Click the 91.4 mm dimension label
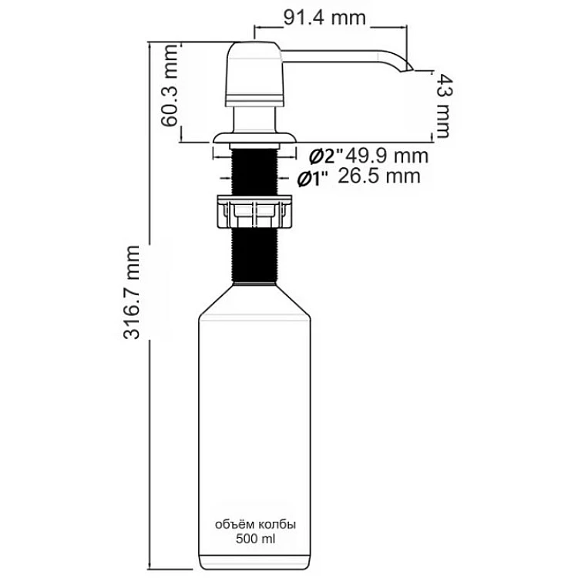click(x=324, y=18)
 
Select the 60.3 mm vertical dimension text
click(x=170, y=86)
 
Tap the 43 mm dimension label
click(x=442, y=106)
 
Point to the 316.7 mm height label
click(x=132, y=292)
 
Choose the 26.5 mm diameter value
click(x=379, y=176)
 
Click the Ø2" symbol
click(x=326, y=157)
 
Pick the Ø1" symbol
click(x=313, y=179)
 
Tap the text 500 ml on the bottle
click(x=255, y=539)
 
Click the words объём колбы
click(x=255, y=525)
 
